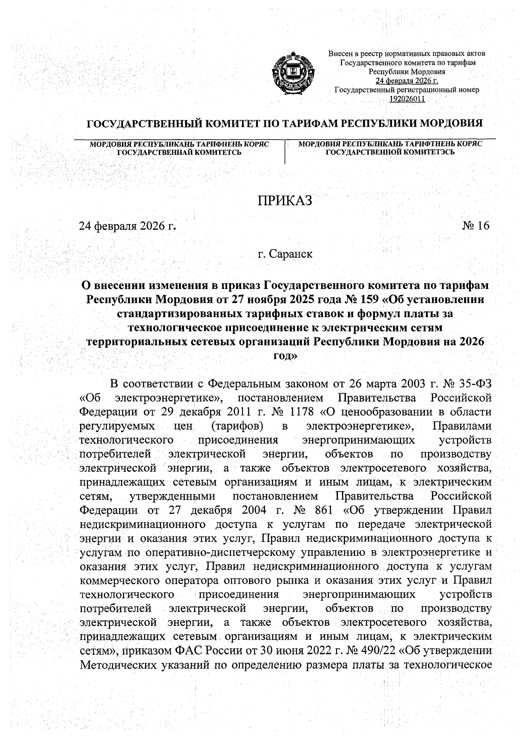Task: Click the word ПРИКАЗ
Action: (284, 201)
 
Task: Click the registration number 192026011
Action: (407, 99)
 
